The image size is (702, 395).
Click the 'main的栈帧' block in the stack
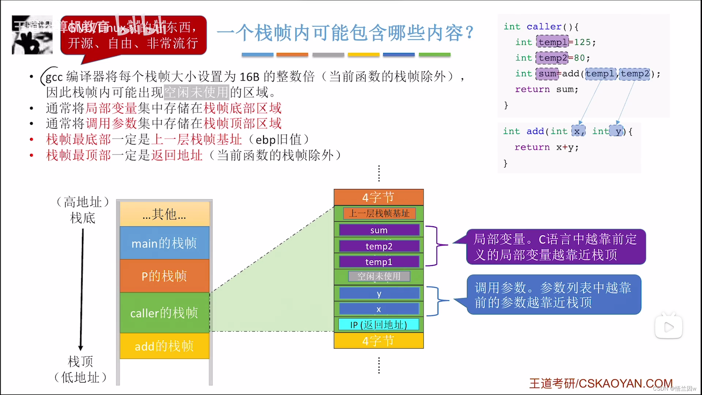164,243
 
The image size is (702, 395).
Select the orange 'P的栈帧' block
164,276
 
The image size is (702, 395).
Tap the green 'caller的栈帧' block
164,313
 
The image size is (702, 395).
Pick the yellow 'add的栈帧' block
164,346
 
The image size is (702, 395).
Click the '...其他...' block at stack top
164,214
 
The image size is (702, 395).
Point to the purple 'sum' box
379,230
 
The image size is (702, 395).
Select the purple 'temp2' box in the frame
379,246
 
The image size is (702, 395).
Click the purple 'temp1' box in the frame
379,262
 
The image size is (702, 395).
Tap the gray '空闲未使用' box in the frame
379,276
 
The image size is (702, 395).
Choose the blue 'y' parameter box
379,294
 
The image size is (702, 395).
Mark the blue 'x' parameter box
379,309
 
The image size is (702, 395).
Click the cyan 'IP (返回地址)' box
379,325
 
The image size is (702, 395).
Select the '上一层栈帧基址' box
379,213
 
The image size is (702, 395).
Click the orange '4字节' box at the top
379,197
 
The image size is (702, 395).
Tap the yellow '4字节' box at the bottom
379,341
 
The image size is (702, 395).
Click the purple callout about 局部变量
555,247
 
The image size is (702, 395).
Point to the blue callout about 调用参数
554,295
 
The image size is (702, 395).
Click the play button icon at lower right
668,327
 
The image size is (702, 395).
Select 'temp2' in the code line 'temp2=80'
552,58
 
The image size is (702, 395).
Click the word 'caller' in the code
544,27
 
